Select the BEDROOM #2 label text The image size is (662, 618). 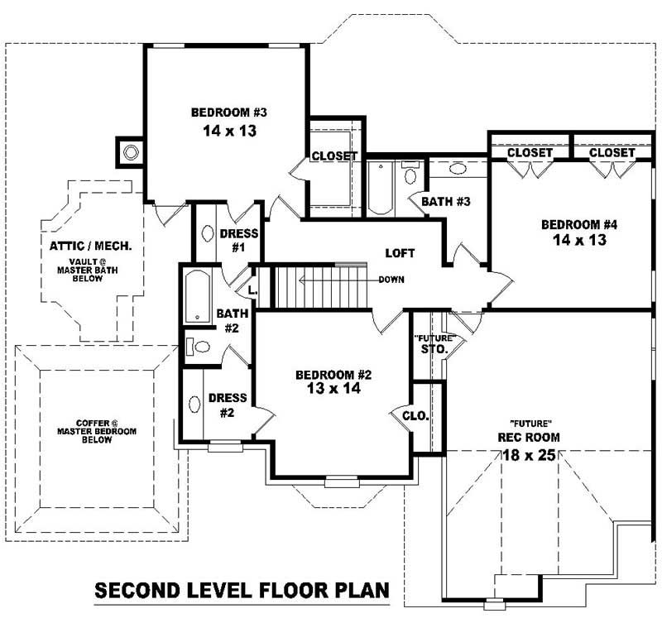tap(333, 375)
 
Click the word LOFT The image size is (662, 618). tap(400, 253)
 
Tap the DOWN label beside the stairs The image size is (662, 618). tap(391, 280)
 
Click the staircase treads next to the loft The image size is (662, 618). tap(319, 285)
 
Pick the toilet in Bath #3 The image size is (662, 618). tap(410, 174)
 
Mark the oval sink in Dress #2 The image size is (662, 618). tap(194, 405)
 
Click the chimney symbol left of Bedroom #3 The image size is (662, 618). tap(130, 151)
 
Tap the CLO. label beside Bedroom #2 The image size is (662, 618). tap(415, 416)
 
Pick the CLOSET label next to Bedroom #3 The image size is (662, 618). tap(334, 156)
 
